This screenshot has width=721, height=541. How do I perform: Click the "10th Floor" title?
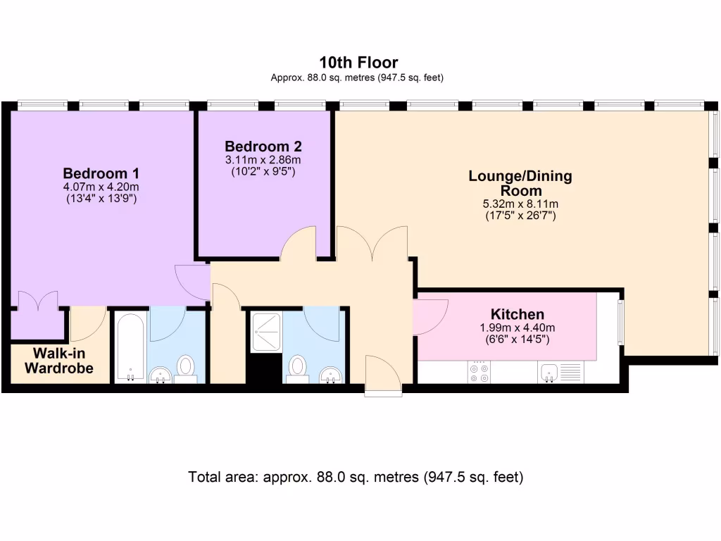358,62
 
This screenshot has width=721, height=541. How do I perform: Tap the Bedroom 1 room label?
101,173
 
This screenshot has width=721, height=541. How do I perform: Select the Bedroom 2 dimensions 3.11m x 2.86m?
263,160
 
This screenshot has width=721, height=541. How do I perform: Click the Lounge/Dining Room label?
520,183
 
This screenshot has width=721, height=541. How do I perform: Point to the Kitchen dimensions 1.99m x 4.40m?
518,328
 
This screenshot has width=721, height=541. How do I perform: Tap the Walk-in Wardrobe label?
59,361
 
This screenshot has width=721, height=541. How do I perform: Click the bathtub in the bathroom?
130,348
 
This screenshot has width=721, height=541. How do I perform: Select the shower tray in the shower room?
265,332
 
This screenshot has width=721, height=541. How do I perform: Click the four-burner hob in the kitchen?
479,372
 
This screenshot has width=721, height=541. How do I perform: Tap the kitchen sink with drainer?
560,372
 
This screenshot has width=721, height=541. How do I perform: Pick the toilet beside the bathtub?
186,368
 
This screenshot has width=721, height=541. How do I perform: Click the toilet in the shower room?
297,368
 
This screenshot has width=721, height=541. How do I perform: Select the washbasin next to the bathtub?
160,375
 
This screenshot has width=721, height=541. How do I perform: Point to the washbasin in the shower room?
331,375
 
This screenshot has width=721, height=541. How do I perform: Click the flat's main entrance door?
383,375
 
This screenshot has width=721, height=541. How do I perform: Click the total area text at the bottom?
356,477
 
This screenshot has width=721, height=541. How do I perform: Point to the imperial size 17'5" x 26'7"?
520,216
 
